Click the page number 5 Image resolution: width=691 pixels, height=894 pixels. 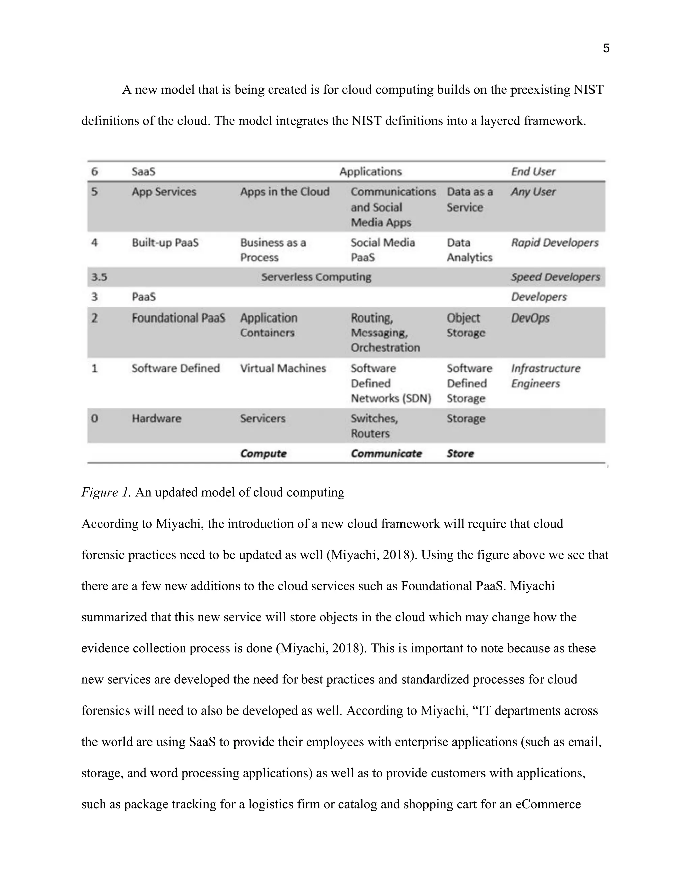tap(606, 48)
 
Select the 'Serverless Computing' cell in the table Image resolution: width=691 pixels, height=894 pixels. tap(316, 277)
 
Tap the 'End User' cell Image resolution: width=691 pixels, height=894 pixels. tap(533, 171)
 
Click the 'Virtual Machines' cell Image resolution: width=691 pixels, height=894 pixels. tap(283, 368)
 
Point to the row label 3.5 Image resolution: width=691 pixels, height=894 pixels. tap(99, 277)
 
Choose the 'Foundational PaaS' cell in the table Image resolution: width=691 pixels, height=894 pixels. tap(178, 318)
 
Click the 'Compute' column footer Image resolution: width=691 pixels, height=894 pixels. tap(263, 453)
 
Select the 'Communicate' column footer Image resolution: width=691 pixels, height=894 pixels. tap(386, 453)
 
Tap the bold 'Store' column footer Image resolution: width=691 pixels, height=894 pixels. tap(460, 453)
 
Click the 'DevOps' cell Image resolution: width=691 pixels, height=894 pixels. tap(530, 318)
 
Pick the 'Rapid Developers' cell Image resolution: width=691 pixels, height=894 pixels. tap(554, 243)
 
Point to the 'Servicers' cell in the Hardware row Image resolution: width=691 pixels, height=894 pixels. tap(262, 418)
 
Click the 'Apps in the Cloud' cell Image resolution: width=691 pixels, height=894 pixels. tap(284, 192)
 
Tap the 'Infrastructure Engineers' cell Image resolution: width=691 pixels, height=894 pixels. tap(545, 376)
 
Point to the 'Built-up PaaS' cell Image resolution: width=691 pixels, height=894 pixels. tap(165, 243)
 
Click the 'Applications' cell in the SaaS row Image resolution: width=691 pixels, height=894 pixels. tap(370, 171)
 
